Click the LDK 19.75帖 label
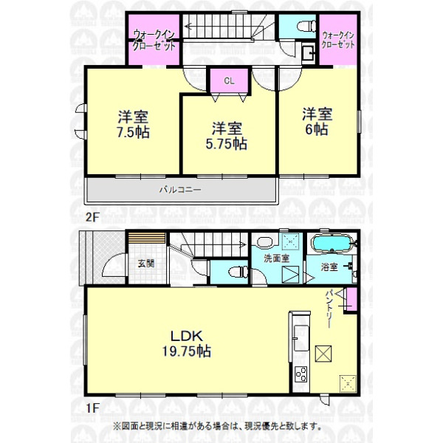[187, 344]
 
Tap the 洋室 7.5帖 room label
[133, 125]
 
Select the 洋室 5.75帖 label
[227, 136]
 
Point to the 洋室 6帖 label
[317, 122]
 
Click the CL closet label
[229, 81]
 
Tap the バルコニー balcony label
[180, 189]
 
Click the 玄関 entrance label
[146, 264]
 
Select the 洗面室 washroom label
[277, 258]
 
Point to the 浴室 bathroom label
[329, 267]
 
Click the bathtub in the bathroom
[332, 243]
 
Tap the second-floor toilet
[307, 27]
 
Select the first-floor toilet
[238, 272]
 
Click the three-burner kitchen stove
[301, 374]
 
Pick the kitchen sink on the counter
[301, 338]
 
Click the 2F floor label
[92, 217]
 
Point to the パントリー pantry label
[329, 309]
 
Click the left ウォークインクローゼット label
[154, 40]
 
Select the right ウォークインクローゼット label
[338, 40]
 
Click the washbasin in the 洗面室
[265, 242]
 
